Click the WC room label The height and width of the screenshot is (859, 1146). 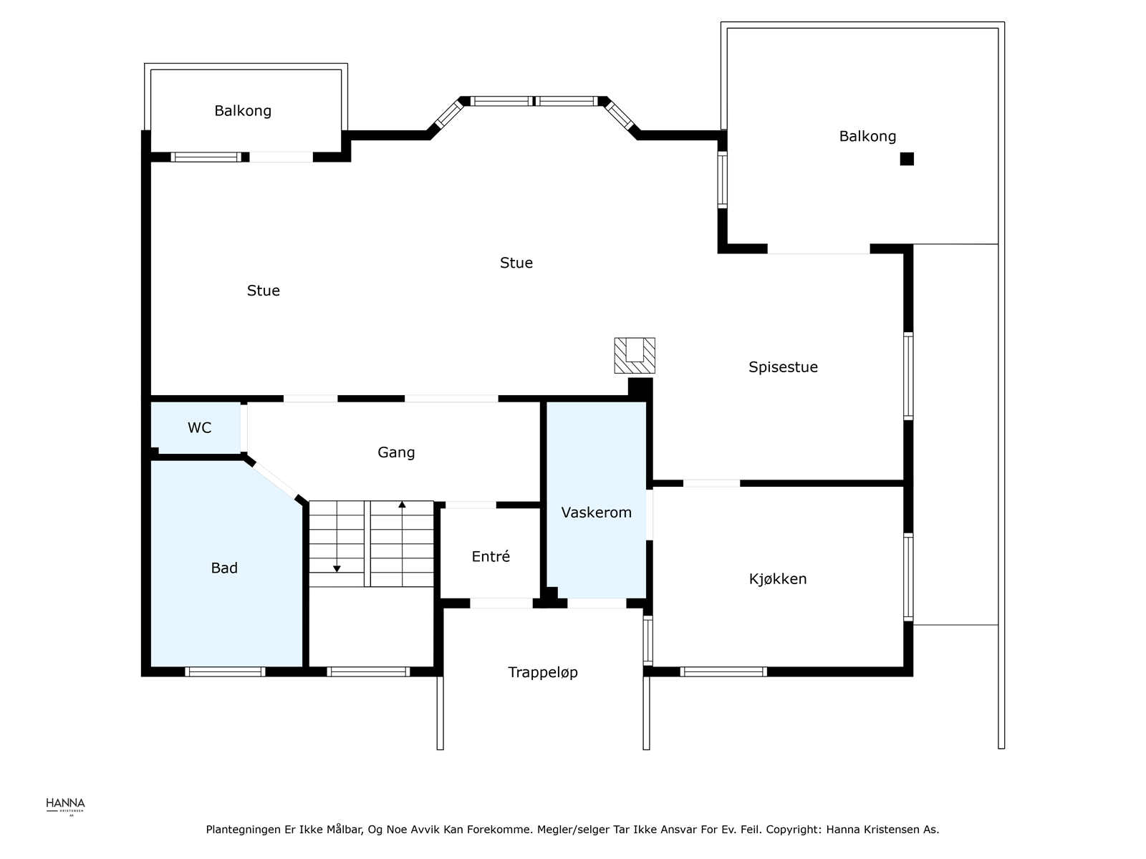[x=199, y=427]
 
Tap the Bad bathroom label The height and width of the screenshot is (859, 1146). [x=224, y=568]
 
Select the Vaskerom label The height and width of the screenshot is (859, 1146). [x=596, y=512]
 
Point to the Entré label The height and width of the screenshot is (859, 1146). [x=490, y=556]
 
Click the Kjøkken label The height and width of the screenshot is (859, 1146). [x=778, y=578]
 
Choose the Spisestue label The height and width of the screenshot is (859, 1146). [x=783, y=367]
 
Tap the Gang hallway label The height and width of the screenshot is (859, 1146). [x=396, y=452]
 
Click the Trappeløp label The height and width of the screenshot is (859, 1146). [x=543, y=672]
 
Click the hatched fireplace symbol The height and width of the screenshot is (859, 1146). [x=635, y=355]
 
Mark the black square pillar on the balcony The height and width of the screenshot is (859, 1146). [x=907, y=159]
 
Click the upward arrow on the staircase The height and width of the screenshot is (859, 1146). [x=402, y=543]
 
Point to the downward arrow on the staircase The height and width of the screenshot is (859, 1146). [x=337, y=537]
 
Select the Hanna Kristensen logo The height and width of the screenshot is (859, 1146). [x=65, y=807]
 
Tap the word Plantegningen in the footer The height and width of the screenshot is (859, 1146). [x=243, y=830]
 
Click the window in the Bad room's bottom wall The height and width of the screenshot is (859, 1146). [x=225, y=671]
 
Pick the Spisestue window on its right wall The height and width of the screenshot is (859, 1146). [x=908, y=376]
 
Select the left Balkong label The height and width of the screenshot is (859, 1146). [x=243, y=111]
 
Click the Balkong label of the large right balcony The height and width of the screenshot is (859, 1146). [x=867, y=137]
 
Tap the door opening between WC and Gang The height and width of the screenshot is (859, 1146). [x=244, y=429]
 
